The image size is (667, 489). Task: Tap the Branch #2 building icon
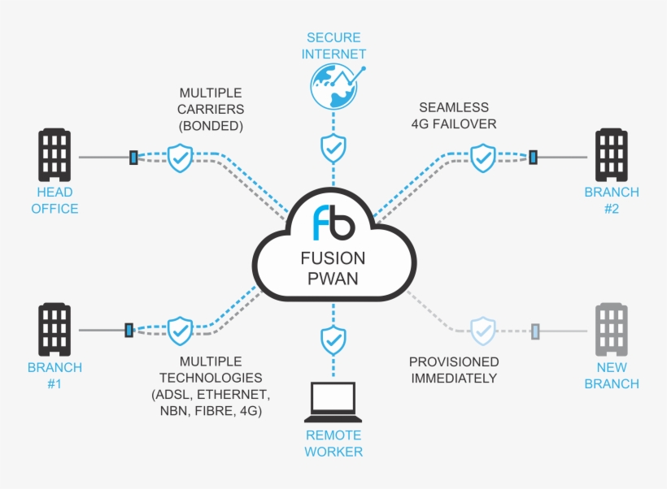(x=612, y=155)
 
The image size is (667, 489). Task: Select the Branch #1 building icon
(x=55, y=330)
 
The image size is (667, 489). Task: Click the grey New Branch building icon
(x=612, y=330)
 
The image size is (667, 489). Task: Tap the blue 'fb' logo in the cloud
(x=333, y=223)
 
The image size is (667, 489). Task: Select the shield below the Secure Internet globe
(x=333, y=148)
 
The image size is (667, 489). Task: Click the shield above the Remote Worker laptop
(x=333, y=339)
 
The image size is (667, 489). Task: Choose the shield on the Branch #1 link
(x=180, y=331)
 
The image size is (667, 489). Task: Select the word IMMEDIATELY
(x=454, y=379)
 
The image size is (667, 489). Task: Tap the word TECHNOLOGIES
(x=211, y=378)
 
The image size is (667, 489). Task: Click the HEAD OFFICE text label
(x=55, y=201)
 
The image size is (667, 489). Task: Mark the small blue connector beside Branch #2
(x=534, y=157)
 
